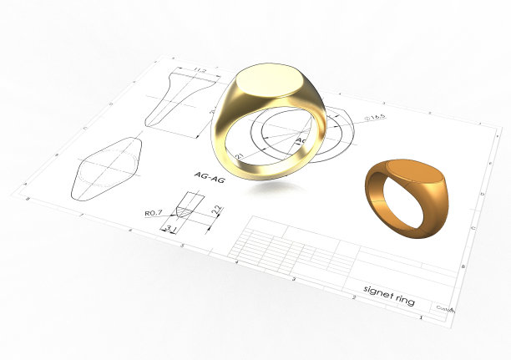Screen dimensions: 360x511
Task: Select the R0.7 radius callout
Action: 153,213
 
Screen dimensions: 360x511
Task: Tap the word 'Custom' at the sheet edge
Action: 445,307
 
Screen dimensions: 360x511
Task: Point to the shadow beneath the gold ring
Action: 267,189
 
